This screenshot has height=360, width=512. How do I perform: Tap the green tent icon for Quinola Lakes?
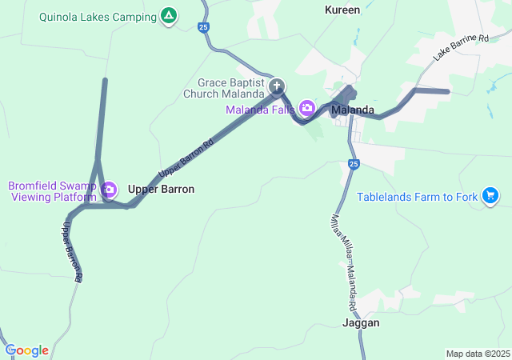tap(169, 15)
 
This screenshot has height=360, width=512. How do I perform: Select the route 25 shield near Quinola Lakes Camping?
tap(205, 27)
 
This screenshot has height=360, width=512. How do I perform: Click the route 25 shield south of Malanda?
tap(354, 165)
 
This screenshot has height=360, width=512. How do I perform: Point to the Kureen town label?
tap(342, 10)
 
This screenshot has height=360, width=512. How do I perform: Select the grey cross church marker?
tap(278, 86)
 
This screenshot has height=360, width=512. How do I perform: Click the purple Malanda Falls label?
tap(260, 110)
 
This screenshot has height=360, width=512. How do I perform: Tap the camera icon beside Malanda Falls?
tap(306, 108)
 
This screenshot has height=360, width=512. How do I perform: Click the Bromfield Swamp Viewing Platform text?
tap(52, 190)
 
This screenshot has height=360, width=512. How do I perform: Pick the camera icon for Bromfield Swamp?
tap(110, 190)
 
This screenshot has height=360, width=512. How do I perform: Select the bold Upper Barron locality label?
tap(161, 190)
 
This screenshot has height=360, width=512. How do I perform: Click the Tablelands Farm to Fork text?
tap(417, 196)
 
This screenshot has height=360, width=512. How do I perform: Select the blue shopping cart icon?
tap(490, 195)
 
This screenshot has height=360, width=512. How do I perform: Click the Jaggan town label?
tap(361, 323)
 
